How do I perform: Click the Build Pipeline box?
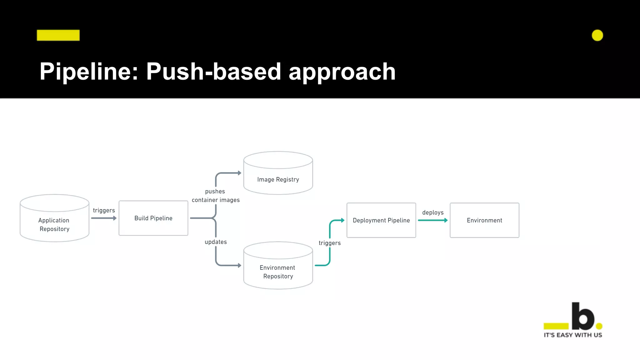click(x=153, y=218)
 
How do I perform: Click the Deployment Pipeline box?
click(x=381, y=220)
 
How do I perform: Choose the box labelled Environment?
click(x=484, y=220)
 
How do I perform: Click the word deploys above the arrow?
click(x=433, y=212)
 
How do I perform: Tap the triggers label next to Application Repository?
click(x=104, y=210)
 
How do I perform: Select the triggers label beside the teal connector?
click(x=330, y=243)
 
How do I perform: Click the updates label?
click(x=216, y=242)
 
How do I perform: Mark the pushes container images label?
click(x=216, y=196)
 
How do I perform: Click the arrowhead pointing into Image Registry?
click(x=239, y=173)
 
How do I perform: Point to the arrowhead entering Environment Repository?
click(x=239, y=265)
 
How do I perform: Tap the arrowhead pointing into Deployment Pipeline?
click(x=342, y=220)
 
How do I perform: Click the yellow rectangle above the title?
click(x=58, y=35)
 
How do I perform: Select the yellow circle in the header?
click(x=597, y=35)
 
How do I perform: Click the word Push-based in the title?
click(x=213, y=72)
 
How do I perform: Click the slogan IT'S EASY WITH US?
click(x=572, y=335)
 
